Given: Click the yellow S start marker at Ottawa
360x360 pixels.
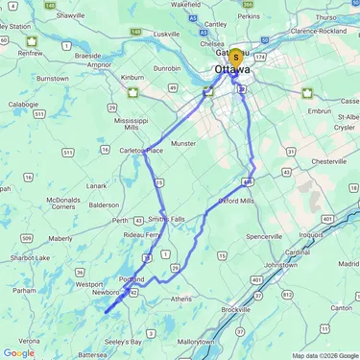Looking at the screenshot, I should (235, 58).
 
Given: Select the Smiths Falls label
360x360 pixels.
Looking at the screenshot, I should (166, 219).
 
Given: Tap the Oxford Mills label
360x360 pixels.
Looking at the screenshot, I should (236, 201).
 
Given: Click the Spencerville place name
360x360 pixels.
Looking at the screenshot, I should (265, 235).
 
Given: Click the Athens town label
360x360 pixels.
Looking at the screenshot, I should (180, 299).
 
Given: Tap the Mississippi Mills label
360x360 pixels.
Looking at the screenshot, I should (132, 124).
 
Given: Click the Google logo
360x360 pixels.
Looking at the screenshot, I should (18, 352).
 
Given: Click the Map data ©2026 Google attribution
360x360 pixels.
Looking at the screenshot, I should (324, 355).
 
